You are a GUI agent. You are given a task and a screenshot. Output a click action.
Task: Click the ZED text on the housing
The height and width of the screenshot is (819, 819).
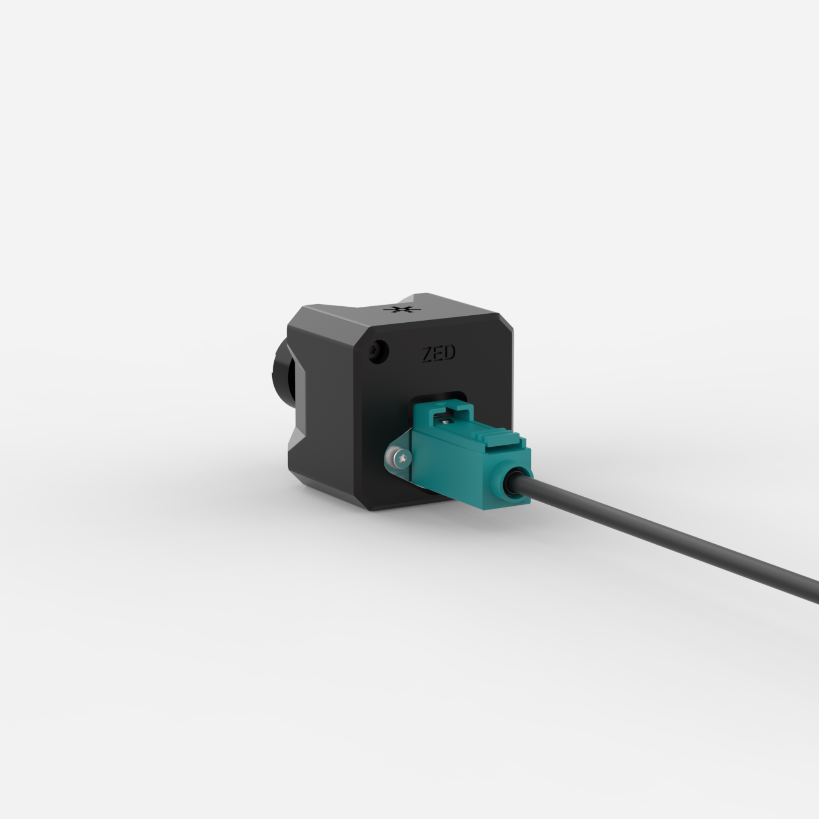439,353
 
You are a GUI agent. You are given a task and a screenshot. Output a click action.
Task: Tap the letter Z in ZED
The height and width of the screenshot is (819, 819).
427,355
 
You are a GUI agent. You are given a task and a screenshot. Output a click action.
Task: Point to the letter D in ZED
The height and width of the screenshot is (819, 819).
450,353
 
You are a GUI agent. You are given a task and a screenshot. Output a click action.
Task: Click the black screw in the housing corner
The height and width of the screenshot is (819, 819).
378,351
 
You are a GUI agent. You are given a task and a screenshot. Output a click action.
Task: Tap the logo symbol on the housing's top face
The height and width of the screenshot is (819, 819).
401,309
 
